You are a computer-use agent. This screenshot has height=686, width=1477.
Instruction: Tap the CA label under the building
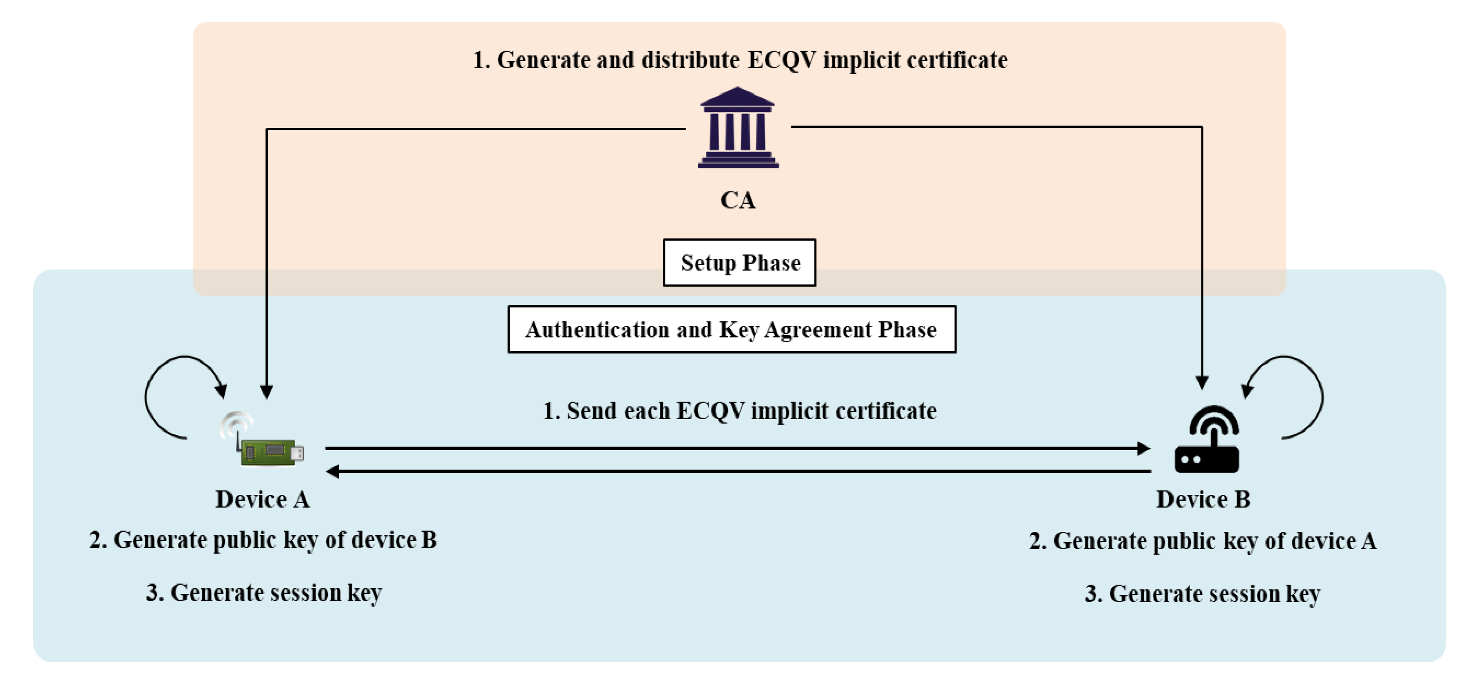pos(738,201)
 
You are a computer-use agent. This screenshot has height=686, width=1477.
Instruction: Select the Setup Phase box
pos(739,263)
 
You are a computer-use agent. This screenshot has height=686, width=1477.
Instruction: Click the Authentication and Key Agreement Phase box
pos(732,330)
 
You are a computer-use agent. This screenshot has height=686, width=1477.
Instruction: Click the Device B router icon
pos(1207,440)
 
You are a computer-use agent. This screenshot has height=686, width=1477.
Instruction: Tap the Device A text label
pos(263,500)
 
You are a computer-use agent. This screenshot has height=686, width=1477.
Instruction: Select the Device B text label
pos(1203,500)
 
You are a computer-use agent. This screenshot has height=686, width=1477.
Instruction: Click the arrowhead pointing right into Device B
pos(1143,448)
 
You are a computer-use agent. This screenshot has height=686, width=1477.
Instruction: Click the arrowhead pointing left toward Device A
pos(332,471)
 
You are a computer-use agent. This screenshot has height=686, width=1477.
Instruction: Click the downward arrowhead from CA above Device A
pos(267,392)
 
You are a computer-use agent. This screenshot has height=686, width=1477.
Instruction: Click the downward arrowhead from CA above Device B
pos(1202,383)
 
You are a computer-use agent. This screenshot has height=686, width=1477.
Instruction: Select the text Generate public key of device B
pos(263,540)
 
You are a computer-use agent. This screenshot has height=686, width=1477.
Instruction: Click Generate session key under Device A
pos(264,593)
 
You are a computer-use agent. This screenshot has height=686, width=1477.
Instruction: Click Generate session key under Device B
pos(1203,594)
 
